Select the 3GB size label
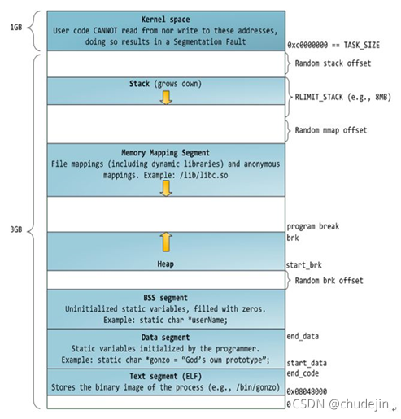14,230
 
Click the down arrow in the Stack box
166,98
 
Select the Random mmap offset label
335,130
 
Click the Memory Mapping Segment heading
166,151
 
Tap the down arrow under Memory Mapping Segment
166,187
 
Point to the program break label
312,225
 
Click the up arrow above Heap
166,241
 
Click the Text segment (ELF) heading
166,375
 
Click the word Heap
166,264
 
